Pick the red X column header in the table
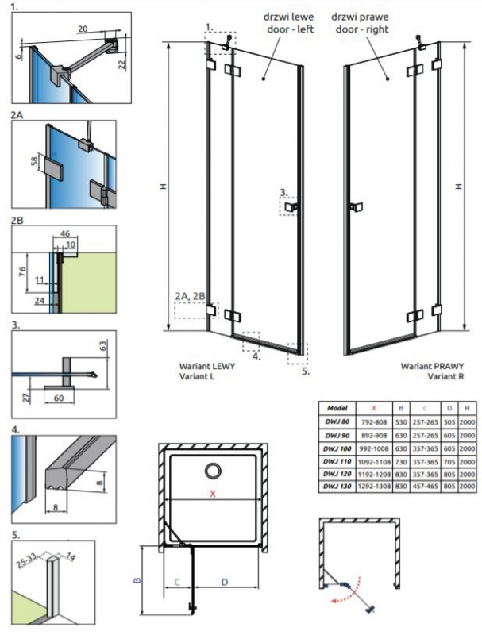point(378,406)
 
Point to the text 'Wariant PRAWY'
point(426,366)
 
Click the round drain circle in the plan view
point(214,472)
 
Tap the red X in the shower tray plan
point(212,494)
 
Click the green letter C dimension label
point(177,582)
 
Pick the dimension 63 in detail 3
point(102,345)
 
